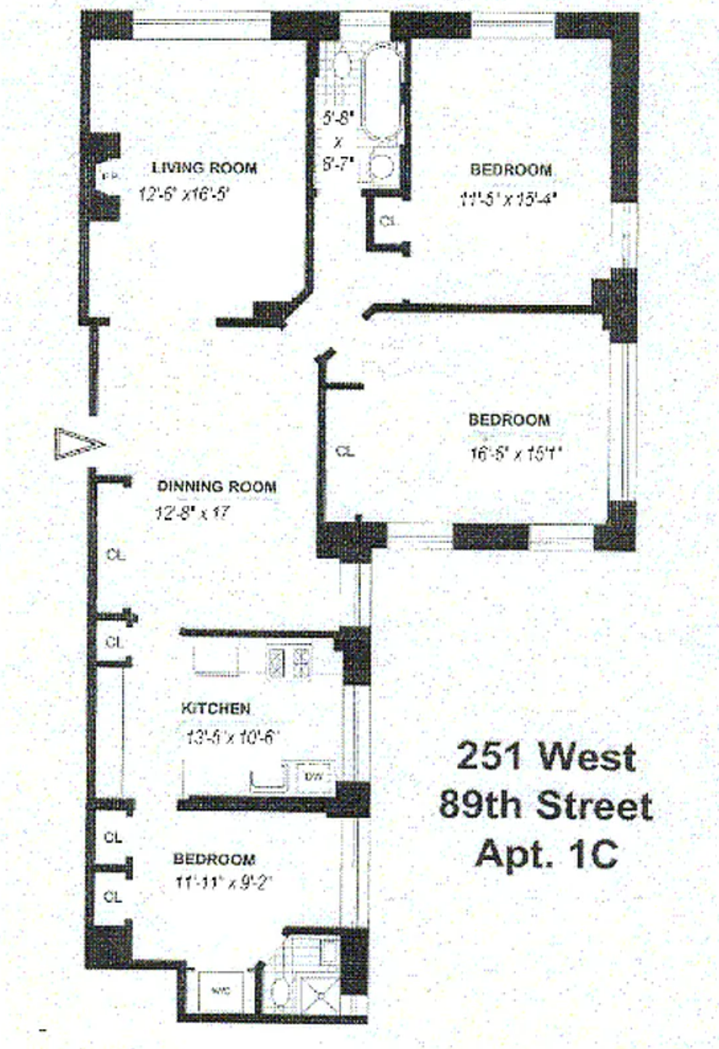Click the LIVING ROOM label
click(x=204, y=168)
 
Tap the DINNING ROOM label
click(x=216, y=487)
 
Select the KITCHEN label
click(x=215, y=709)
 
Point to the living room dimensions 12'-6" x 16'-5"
click(x=185, y=193)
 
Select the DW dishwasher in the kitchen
click(x=314, y=777)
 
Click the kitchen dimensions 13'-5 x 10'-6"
click(x=229, y=735)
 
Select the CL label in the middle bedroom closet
click(x=344, y=451)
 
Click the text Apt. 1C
click(x=546, y=853)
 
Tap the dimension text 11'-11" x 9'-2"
click(x=225, y=882)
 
